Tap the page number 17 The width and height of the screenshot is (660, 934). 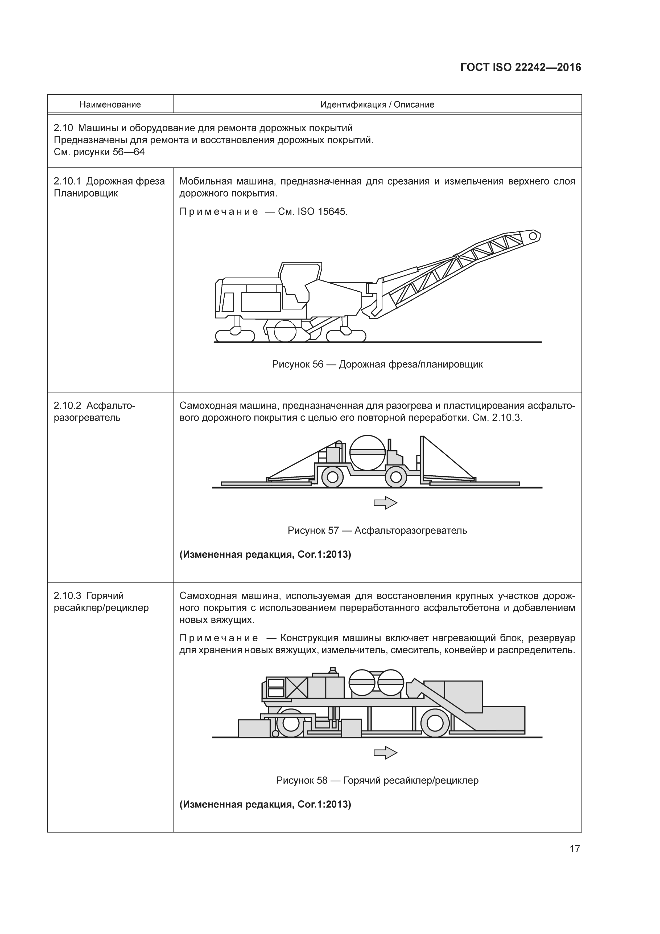[575, 849]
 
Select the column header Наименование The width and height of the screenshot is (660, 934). [110, 105]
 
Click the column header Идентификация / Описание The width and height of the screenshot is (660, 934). [377, 105]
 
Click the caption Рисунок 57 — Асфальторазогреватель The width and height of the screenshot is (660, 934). [377, 531]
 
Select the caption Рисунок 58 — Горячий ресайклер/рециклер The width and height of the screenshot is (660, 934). [377, 780]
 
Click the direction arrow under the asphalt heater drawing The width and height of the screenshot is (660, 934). [385, 503]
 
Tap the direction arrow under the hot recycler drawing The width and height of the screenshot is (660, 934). [385, 753]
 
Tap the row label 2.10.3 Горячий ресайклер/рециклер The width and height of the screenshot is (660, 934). [101, 602]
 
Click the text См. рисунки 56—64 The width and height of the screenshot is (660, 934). [99, 152]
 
